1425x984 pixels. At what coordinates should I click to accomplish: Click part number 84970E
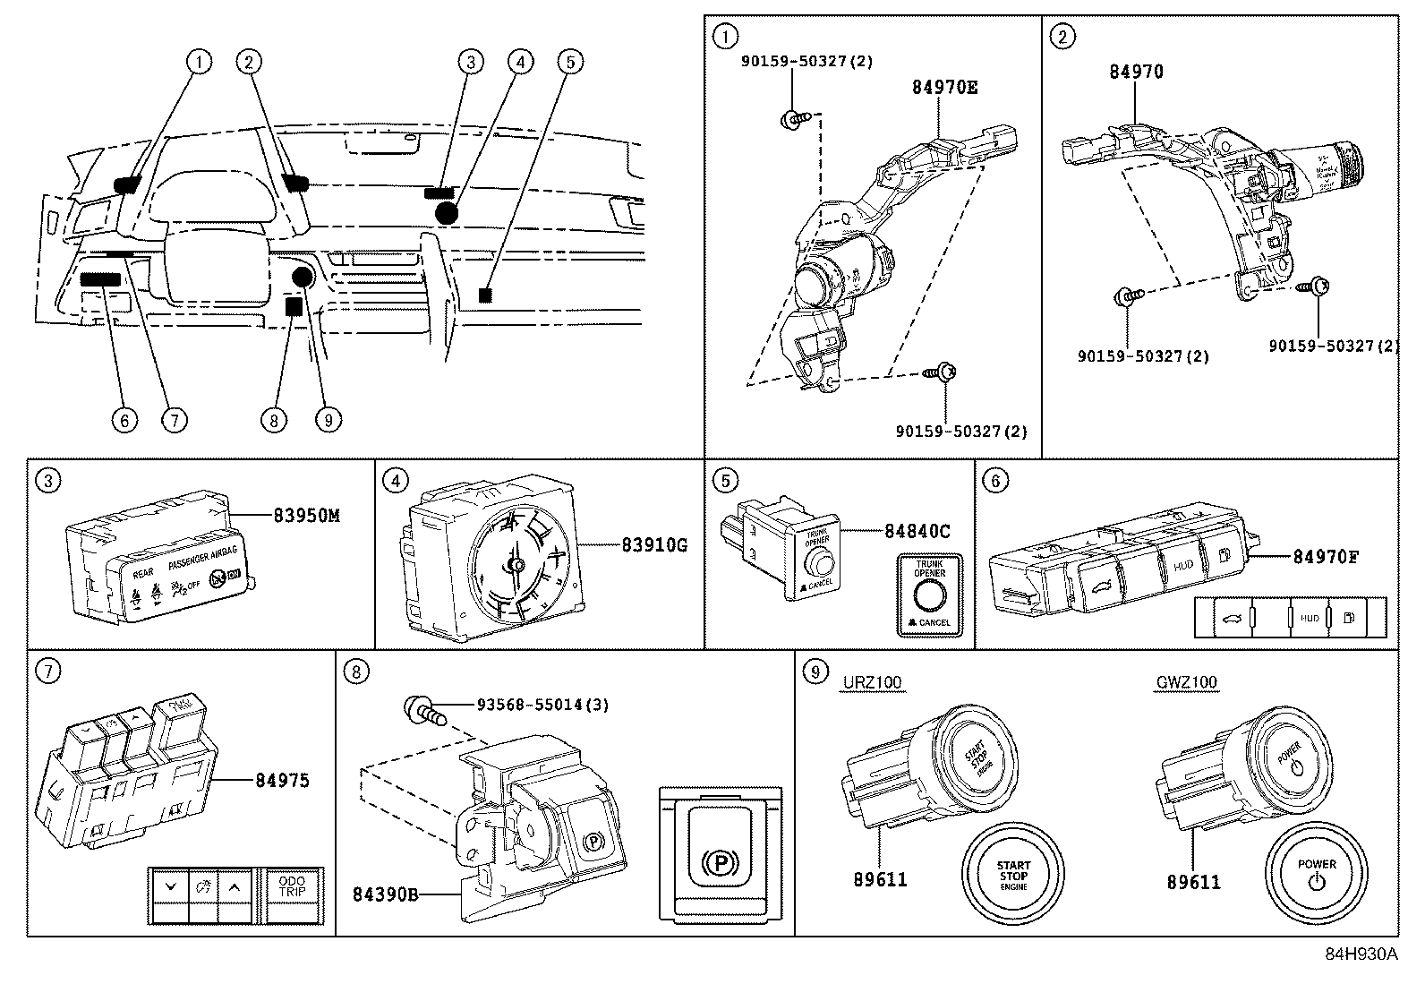(x=944, y=88)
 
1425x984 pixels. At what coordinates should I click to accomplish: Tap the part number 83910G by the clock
(x=653, y=544)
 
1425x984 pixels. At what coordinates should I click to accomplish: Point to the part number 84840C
(x=917, y=531)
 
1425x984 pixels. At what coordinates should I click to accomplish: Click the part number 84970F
(x=1325, y=557)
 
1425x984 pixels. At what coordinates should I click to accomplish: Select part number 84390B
(x=386, y=894)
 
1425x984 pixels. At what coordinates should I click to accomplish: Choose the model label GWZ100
(x=1185, y=682)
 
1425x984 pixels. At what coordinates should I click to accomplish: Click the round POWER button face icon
(x=1316, y=873)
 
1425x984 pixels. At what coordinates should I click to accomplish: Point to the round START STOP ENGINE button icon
(x=1013, y=873)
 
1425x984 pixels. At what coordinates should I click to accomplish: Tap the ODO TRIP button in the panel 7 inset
(x=292, y=886)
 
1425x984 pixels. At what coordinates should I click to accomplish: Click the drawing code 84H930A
(x=1361, y=954)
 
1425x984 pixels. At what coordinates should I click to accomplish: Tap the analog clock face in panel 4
(x=516, y=562)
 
